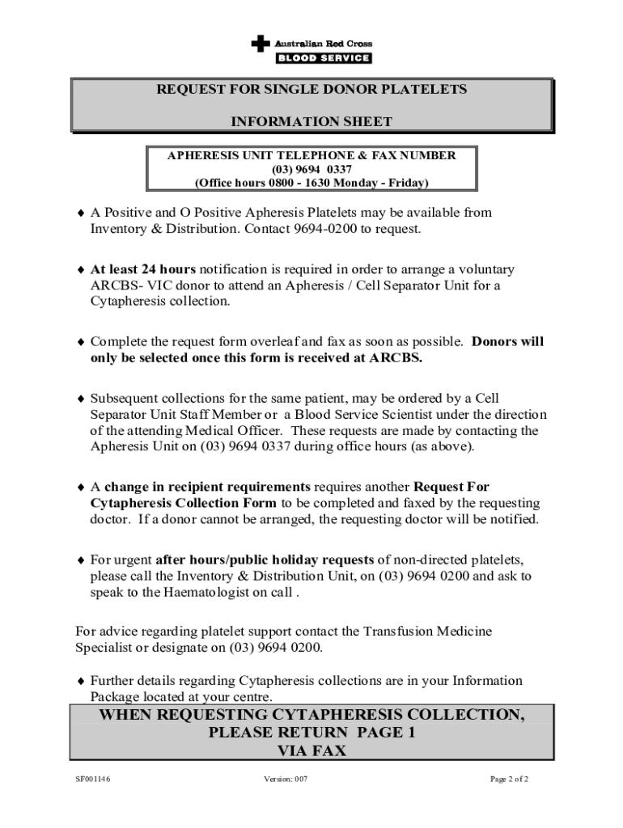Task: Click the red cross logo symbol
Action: (260, 44)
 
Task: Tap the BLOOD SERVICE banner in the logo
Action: (324, 58)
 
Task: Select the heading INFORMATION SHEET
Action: (311, 122)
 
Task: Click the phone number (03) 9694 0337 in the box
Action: (311, 169)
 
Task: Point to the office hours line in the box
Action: (311, 183)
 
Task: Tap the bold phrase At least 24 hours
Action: (143, 269)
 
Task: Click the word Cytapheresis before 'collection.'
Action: (125, 302)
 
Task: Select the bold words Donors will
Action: (508, 342)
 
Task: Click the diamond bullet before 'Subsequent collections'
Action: (80, 399)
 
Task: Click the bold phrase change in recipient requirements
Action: (207, 488)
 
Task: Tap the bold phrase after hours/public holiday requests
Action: (265, 560)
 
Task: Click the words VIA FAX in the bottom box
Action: (311, 750)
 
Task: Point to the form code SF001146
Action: (89, 779)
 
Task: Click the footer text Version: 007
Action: (286, 779)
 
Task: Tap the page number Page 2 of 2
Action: (509, 779)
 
